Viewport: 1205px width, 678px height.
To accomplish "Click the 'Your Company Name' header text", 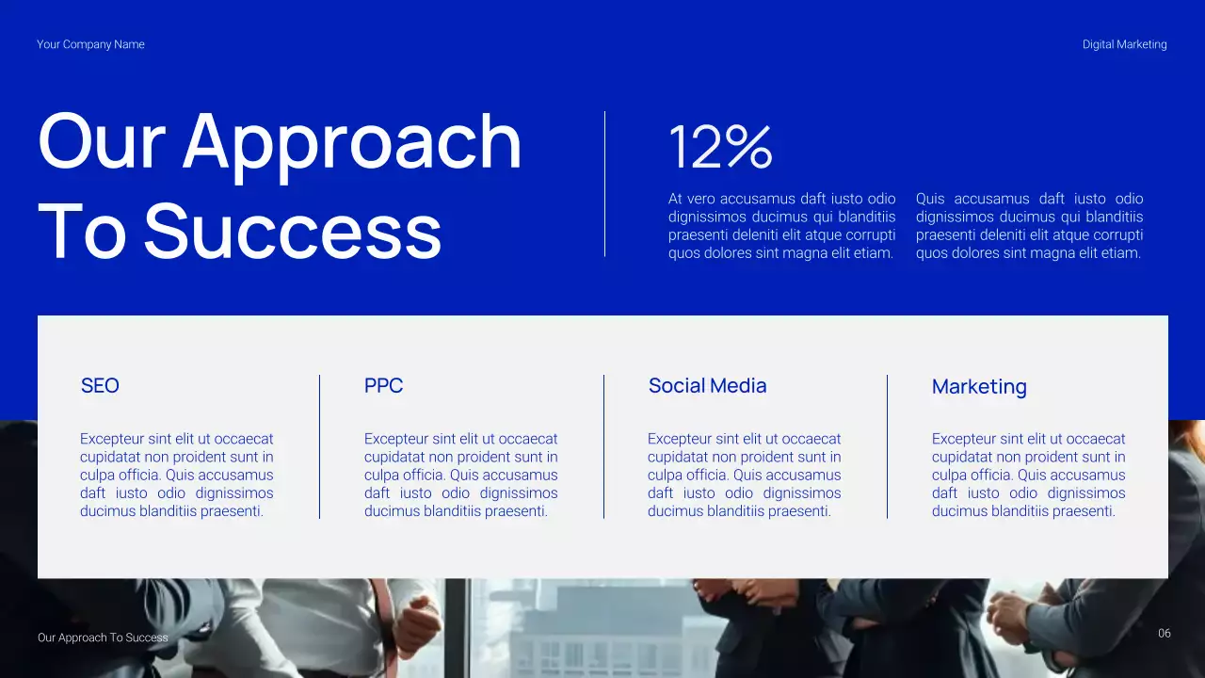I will (x=90, y=44).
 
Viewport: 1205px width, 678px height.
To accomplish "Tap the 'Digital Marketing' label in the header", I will (x=1124, y=44).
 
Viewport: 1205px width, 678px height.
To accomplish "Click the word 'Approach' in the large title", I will (x=352, y=143).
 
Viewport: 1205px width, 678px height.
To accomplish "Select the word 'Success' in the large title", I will (x=293, y=232).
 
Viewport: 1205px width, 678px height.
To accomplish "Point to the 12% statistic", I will (x=720, y=148).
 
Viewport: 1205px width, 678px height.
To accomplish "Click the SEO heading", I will (x=100, y=385).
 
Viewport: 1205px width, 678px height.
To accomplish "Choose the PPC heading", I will (x=383, y=385).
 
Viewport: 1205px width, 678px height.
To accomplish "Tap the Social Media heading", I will (x=707, y=385).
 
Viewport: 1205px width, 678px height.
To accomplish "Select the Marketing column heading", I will (x=979, y=386).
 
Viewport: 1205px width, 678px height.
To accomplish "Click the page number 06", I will (x=1165, y=634).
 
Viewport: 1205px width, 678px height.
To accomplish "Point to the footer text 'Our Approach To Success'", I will (x=103, y=638).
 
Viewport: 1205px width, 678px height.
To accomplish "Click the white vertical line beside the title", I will (x=604, y=184).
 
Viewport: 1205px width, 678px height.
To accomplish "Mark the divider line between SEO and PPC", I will (x=320, y=446).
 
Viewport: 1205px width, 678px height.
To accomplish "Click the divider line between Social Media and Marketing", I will (x=887, y=446).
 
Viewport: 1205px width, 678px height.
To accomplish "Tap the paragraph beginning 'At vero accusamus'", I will (x=781, y=226).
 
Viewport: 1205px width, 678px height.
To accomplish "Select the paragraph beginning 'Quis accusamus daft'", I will (x=1029, y=226).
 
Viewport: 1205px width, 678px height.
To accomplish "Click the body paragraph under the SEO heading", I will (x=177, y=475).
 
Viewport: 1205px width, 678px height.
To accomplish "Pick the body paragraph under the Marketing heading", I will (x=1028, y=475).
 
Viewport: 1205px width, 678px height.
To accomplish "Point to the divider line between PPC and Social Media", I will (x=603, y=446).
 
